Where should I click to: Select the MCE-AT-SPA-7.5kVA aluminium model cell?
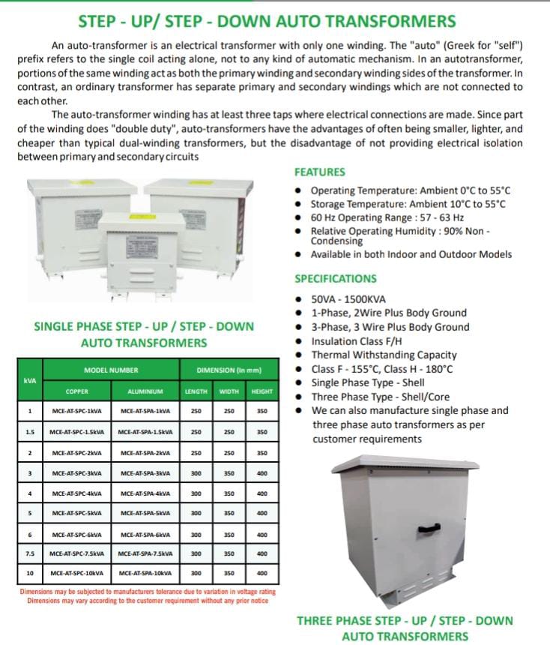145,554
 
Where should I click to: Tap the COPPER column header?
76,391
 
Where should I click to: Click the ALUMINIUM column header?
145,391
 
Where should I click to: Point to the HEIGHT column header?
262,391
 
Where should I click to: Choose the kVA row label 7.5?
29,554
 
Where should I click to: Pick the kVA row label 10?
29,573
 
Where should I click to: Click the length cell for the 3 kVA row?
196,473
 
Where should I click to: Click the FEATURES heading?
319,172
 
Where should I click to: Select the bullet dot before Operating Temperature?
300,191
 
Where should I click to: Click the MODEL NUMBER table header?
111,370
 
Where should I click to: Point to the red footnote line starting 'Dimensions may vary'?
147,601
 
